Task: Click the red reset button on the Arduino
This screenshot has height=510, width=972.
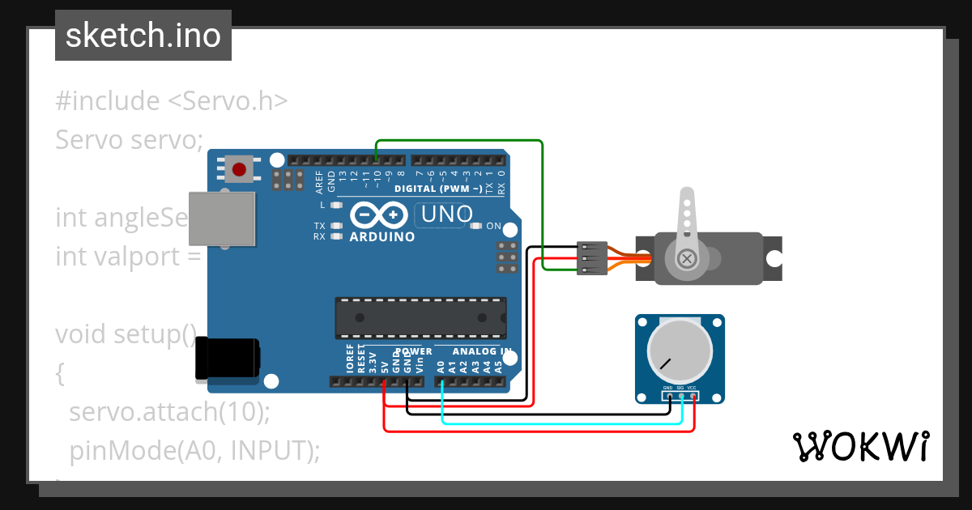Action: [x=239, y=169]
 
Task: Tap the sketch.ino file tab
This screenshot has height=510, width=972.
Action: [x=143, y=36]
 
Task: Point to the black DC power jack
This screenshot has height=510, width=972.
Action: [x=228, y=357]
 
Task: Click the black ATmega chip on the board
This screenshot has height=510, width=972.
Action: [x=421, y=318]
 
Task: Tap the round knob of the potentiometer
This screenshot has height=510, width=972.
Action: [x=680, y=351]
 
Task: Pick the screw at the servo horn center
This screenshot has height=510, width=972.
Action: [x=687, y=259]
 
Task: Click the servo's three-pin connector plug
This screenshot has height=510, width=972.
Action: [x=592, y=258]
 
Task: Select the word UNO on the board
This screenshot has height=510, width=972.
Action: [x=446, y=215]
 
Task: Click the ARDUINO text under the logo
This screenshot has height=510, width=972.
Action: [x=382, y=237]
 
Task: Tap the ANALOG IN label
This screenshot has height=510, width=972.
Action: [x=481, y=352]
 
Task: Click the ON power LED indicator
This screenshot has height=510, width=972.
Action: [x=475, y=226]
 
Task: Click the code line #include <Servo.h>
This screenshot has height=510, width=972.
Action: [x=172, y=101]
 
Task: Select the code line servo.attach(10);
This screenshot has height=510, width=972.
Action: [x=168, y=412]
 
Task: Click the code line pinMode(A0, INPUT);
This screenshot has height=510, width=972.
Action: [x=194, y=450]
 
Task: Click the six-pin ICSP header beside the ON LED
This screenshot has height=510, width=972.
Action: [x=508, y=257]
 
